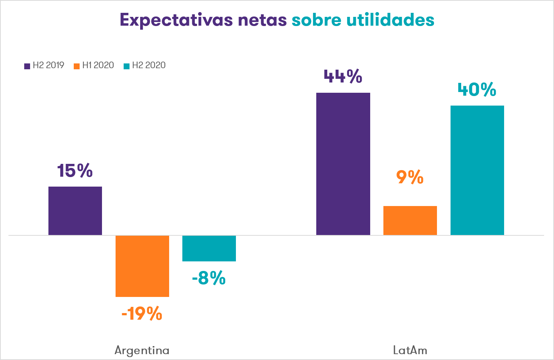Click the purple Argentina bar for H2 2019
(x=75, y=211)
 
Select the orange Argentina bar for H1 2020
(x=142, y=266)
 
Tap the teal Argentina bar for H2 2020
(x=209, y=248)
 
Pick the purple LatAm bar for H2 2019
(x=343, y=164)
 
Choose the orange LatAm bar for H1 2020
(x=410, y=220)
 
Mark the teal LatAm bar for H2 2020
(x=477, y=170)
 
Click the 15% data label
(x=75, y=171)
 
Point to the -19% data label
(x=142, y=314)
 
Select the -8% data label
(x=209, y=278)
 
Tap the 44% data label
(x=343, y=77)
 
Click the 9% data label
(x=410, y=177)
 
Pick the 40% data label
(x=477, y=90)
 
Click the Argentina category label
(x=142, y=350)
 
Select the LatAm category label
(x=410, y=350)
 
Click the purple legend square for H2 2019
(x=27, y=66)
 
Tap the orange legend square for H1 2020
(x=77, y=66)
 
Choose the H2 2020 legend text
(x=149, y=65)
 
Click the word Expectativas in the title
(x=176, y=20)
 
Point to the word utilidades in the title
(x=390, y=20)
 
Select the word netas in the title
(x=262, y=20)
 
